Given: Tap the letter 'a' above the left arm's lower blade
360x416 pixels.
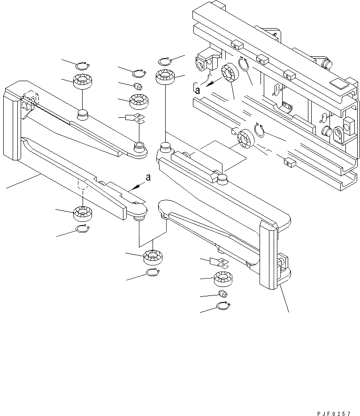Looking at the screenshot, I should [148, 177].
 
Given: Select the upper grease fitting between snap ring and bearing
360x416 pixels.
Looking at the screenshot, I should [138, 87].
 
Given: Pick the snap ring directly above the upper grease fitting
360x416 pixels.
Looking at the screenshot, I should [138, 73].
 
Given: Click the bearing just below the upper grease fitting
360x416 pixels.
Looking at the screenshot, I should [138, 100].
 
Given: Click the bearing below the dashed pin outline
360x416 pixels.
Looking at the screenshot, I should [83, 214].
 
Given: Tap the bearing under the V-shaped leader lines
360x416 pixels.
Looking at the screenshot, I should [152, 257].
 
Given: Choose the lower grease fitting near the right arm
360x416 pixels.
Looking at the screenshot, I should [223, 294].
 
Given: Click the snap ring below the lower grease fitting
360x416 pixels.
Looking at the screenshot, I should [223, 307].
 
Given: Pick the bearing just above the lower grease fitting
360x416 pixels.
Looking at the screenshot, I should [223, 279].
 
